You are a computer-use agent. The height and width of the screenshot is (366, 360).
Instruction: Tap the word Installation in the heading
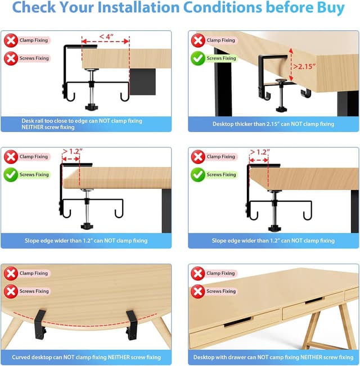click(147, 8)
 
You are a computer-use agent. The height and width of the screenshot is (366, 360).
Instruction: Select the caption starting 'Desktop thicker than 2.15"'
click(273, 124)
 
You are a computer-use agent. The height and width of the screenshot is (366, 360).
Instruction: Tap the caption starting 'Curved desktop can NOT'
click(86, 357)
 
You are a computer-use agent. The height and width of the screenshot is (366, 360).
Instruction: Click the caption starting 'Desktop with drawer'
click(273, 357)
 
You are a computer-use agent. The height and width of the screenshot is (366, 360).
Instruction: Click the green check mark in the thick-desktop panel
click(198, 58)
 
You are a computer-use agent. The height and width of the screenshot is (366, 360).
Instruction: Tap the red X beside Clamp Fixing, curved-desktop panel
click(11, 273)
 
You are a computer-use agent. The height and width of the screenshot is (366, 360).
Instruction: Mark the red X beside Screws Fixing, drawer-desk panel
click(198, 291)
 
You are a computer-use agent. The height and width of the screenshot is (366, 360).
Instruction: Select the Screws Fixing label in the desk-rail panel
click(35, 58)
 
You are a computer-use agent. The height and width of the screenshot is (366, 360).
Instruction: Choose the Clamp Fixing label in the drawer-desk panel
click(220, 273)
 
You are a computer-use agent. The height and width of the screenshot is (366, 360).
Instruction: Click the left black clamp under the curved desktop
click(39, 325)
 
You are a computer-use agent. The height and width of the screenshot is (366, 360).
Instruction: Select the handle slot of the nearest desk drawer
click(237, 322)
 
